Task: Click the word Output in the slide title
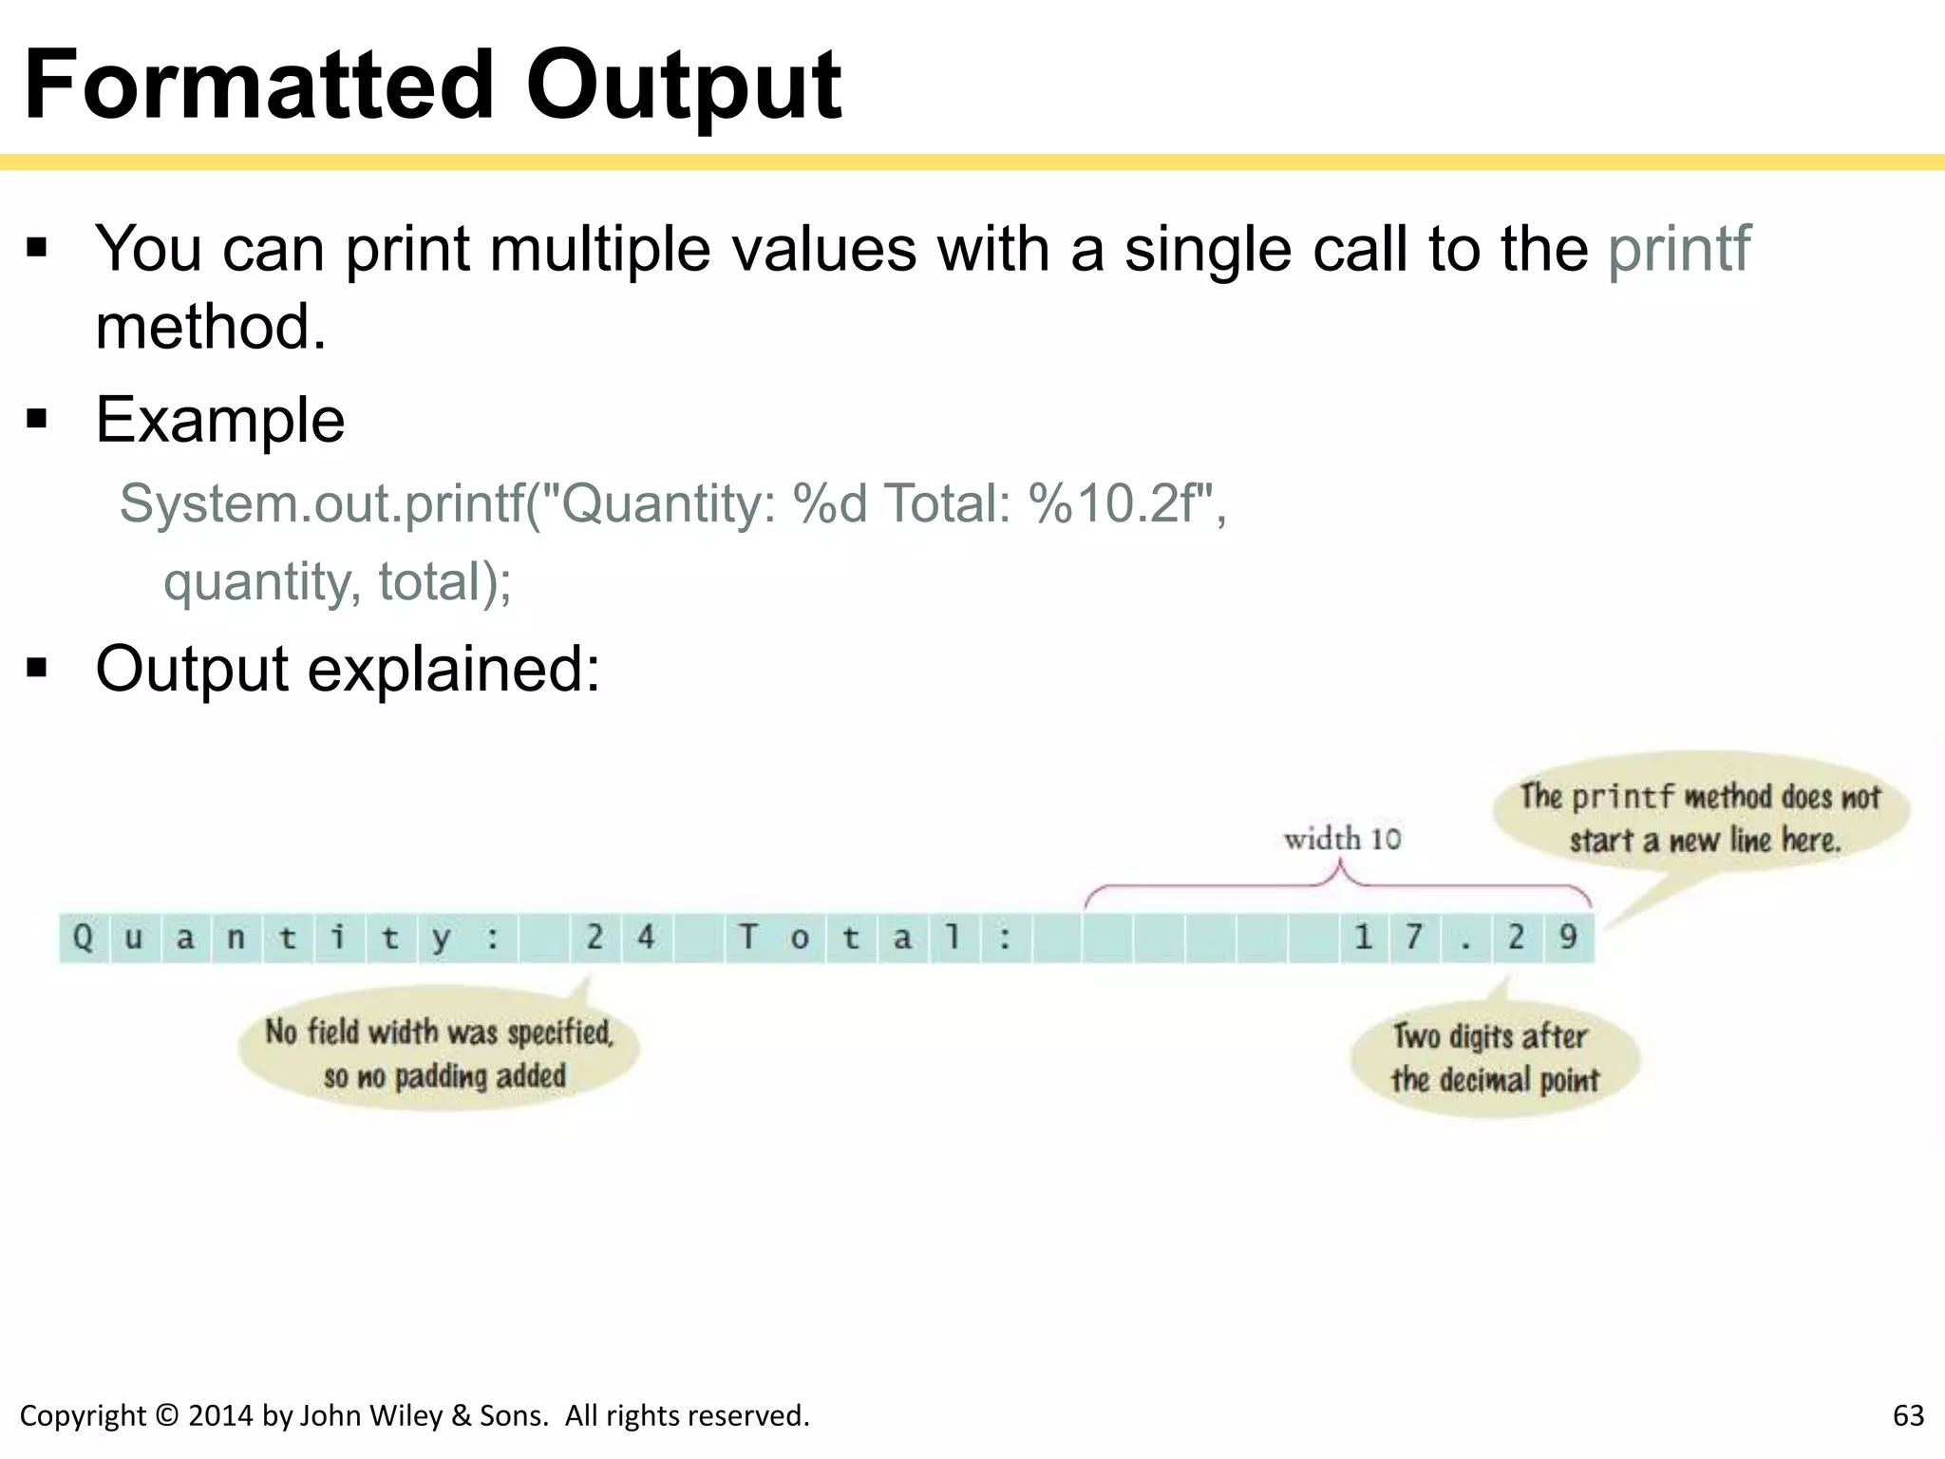[683, 87]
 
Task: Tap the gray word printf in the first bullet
[1678, 249]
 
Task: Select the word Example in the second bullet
[220, 420]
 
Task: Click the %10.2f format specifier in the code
[1120, 503]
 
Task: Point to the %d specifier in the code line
[829, 503]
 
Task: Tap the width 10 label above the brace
[1341, 839]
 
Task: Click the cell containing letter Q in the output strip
[84, 938]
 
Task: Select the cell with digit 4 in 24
[647, 938]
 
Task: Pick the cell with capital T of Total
[748, 938]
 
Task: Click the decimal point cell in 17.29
[1465, 938]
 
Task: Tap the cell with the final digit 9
[1568, 938]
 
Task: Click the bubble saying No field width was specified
[440, 1052]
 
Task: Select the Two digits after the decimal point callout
[1495, 1057]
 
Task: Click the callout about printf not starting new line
[1700, 817]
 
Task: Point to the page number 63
[1907, 1415]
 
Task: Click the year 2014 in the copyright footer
[221, 1415]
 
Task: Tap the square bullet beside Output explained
[37, 669]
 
